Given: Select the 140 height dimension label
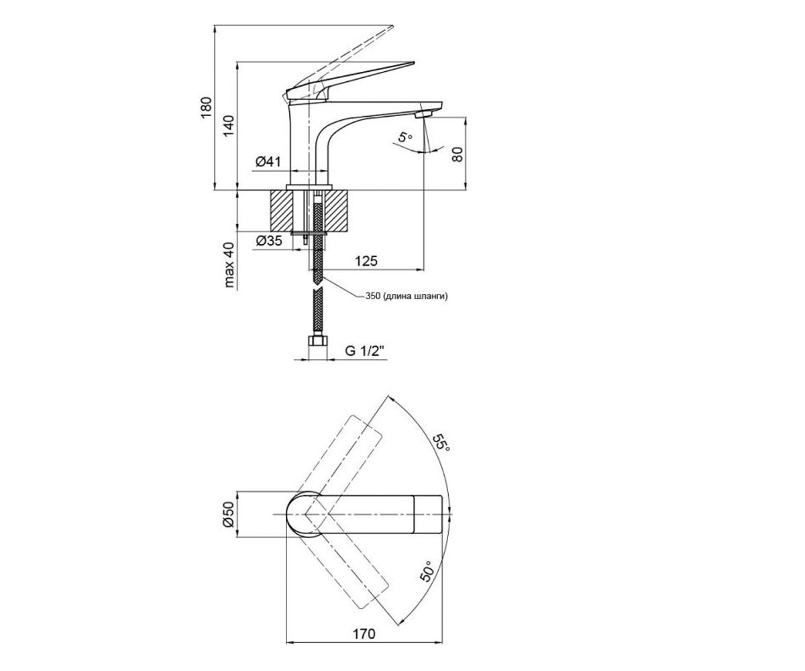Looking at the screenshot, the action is [228, 125].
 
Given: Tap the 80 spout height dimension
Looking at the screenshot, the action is [457, 154].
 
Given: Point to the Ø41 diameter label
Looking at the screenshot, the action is [268, 162].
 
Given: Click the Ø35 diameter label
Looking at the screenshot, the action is [269, 241].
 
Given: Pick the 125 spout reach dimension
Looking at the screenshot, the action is [366, 261].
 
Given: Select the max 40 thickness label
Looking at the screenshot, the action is [229, 265].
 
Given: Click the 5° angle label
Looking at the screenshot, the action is [405, 136].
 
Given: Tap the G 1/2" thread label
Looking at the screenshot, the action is [365, 351].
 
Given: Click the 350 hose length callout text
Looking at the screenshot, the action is [407, 296].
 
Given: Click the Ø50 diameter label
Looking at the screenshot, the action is [228, 514].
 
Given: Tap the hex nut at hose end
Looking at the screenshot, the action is [318, 341].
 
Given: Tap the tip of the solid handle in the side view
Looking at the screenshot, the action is [414, 62].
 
